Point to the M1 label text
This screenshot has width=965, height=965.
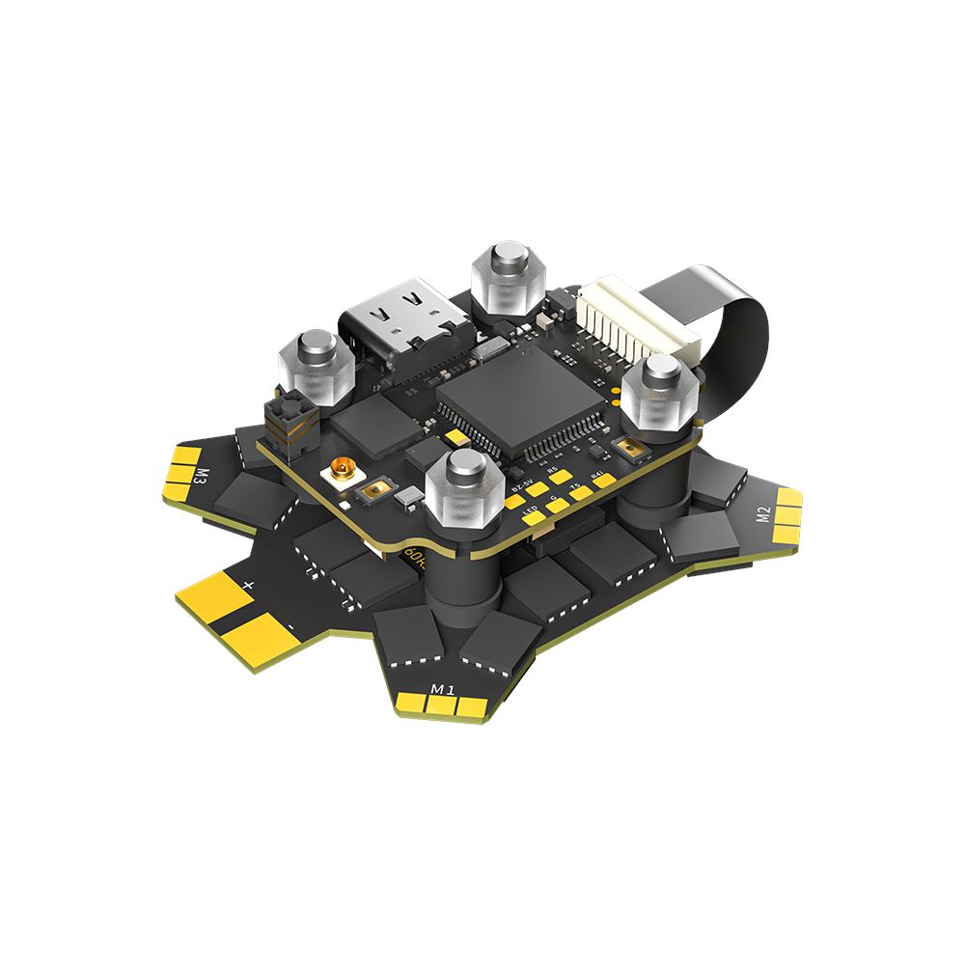[442, 688]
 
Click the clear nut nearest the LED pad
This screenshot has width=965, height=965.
[464, 488]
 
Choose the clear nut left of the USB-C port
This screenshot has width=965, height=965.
[316, 365]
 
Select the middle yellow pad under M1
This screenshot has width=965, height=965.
[446, 708]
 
